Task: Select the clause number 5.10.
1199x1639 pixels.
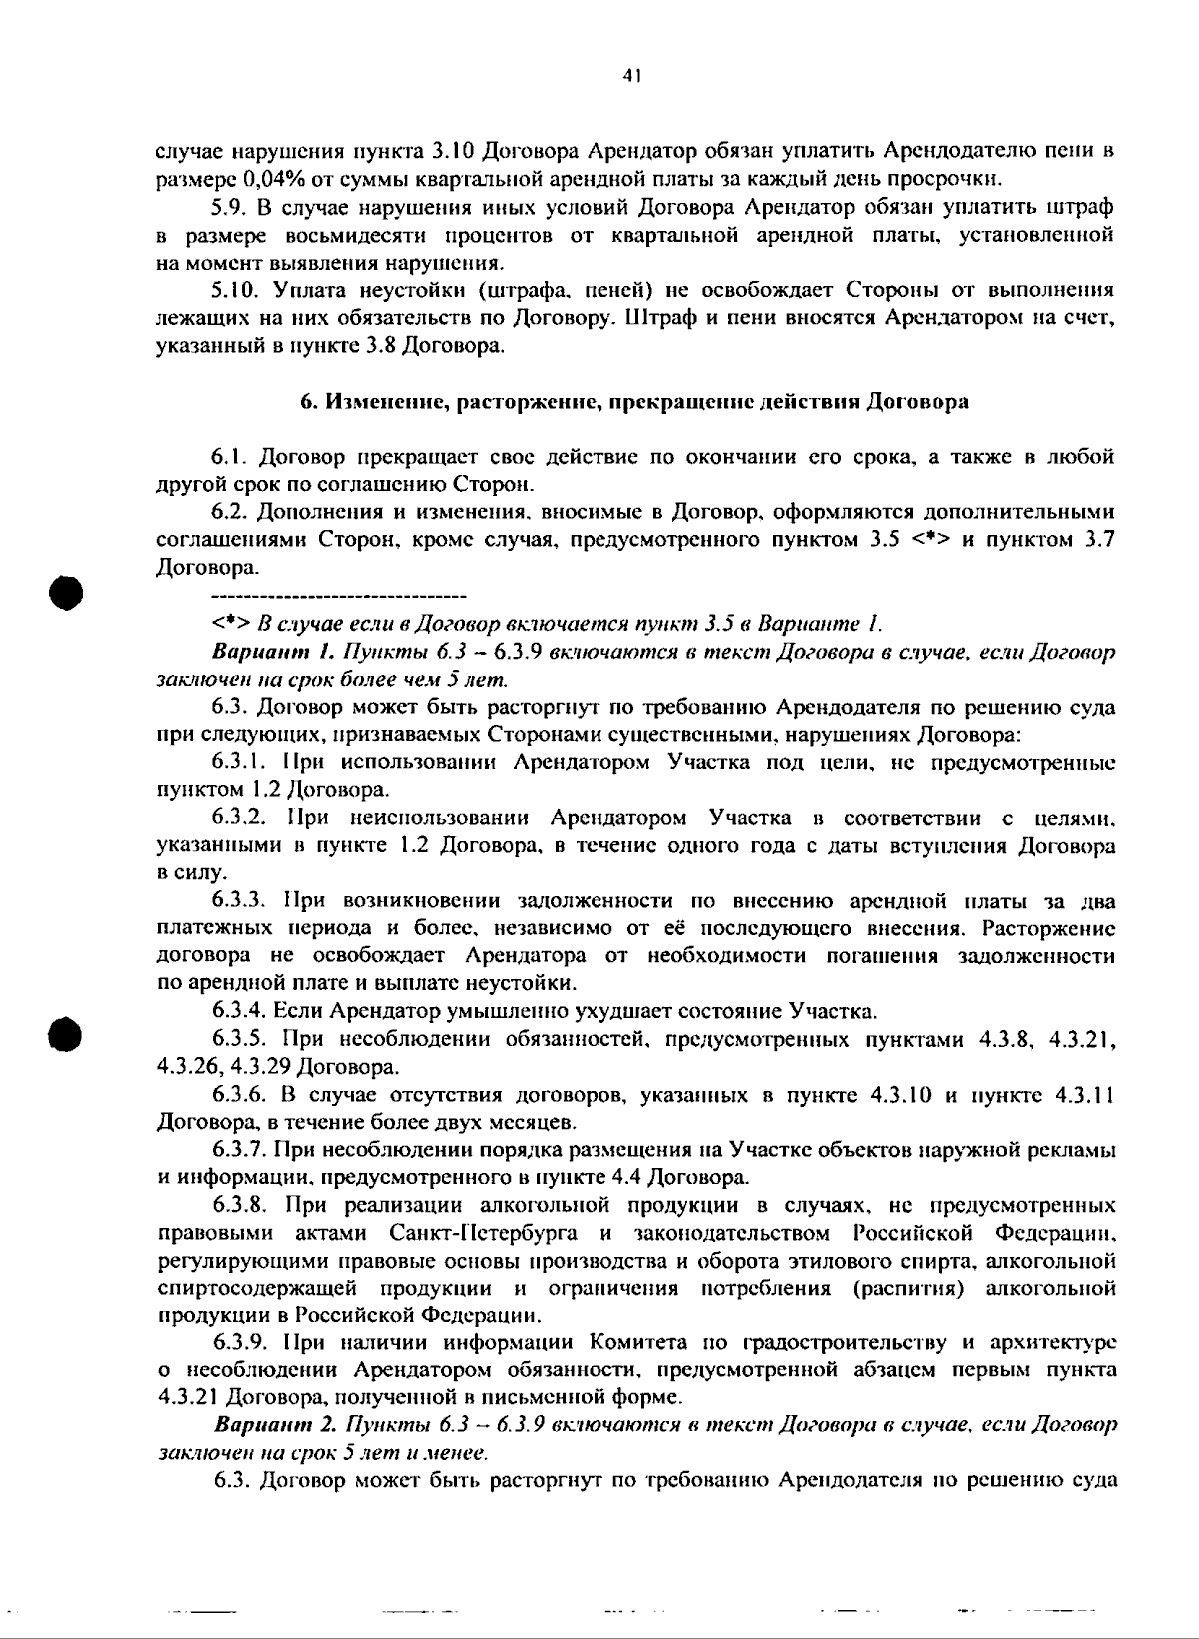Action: point(235,291)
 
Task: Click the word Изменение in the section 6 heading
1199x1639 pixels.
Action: point(385,402)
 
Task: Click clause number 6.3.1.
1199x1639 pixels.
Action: point(241,762)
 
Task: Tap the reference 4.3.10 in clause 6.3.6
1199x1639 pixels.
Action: point(902,1095)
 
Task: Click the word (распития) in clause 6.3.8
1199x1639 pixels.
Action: point(909,1288)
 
